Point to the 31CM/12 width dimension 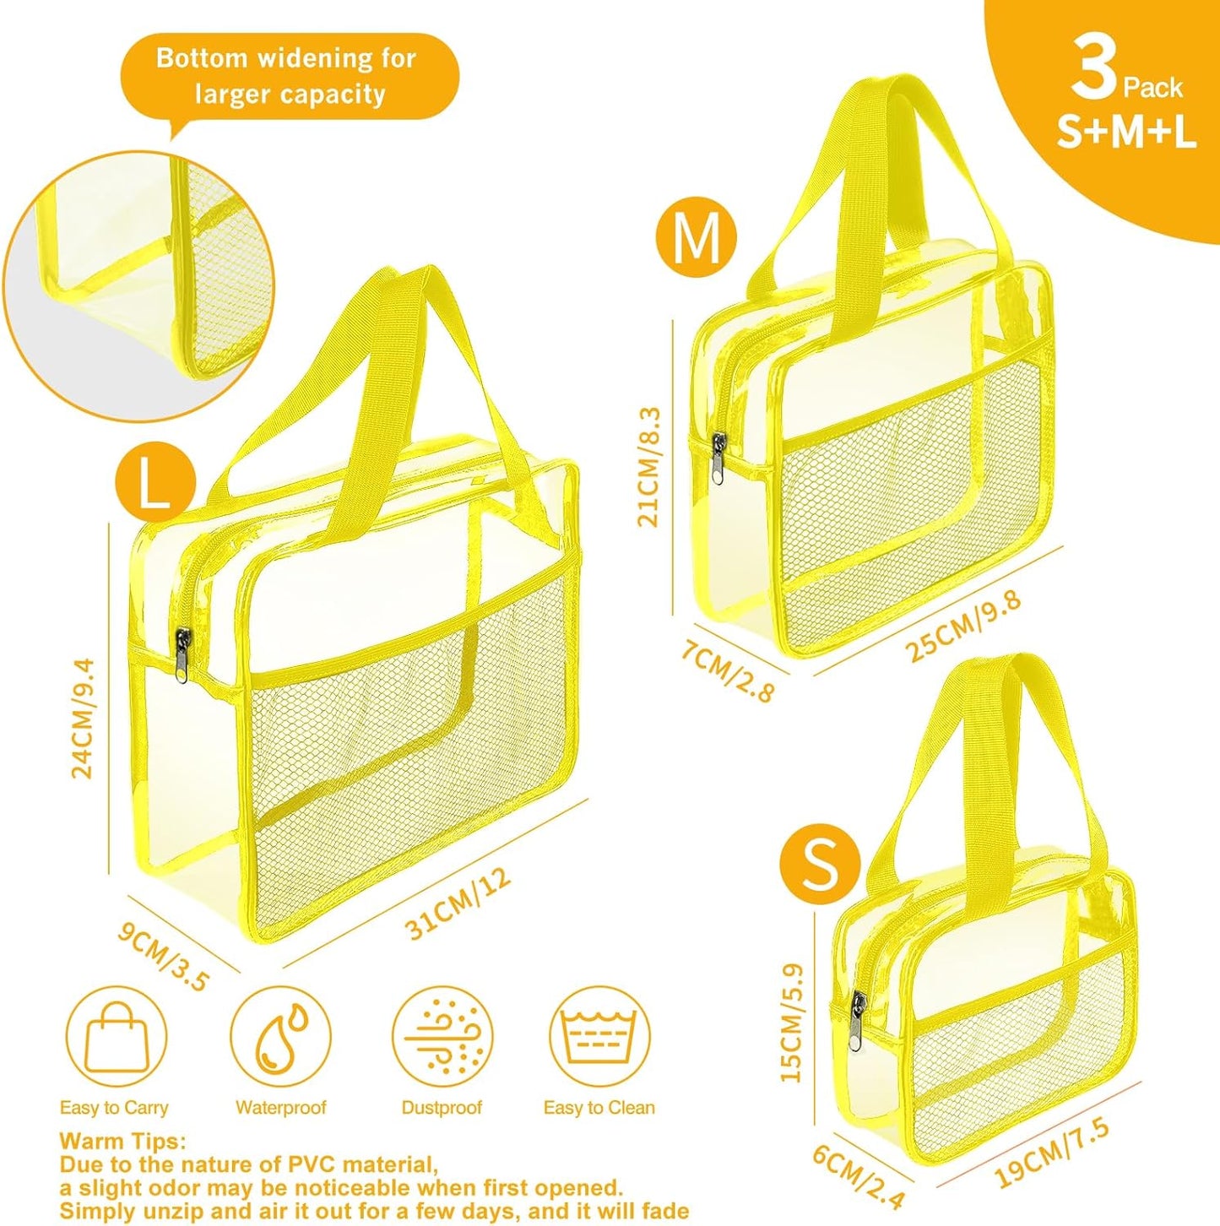pyautogui.click(x=458, y=903)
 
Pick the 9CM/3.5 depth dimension pyautogui.click(x=163, y=957)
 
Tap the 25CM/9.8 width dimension pyautogui.click(x=964, y=625)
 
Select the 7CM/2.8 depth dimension pyautogui.click(x=727, y=671)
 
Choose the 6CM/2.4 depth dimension pyautogui.click(x=859, y=1175)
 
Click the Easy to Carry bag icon pyautogui.click(x=117, y=1036)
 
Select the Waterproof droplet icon pyautogui.click(x=280, y=1036)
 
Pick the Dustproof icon pyautogui.click(x=442, y=1036)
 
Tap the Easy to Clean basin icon pyautogui.click(x=599, y=1036)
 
